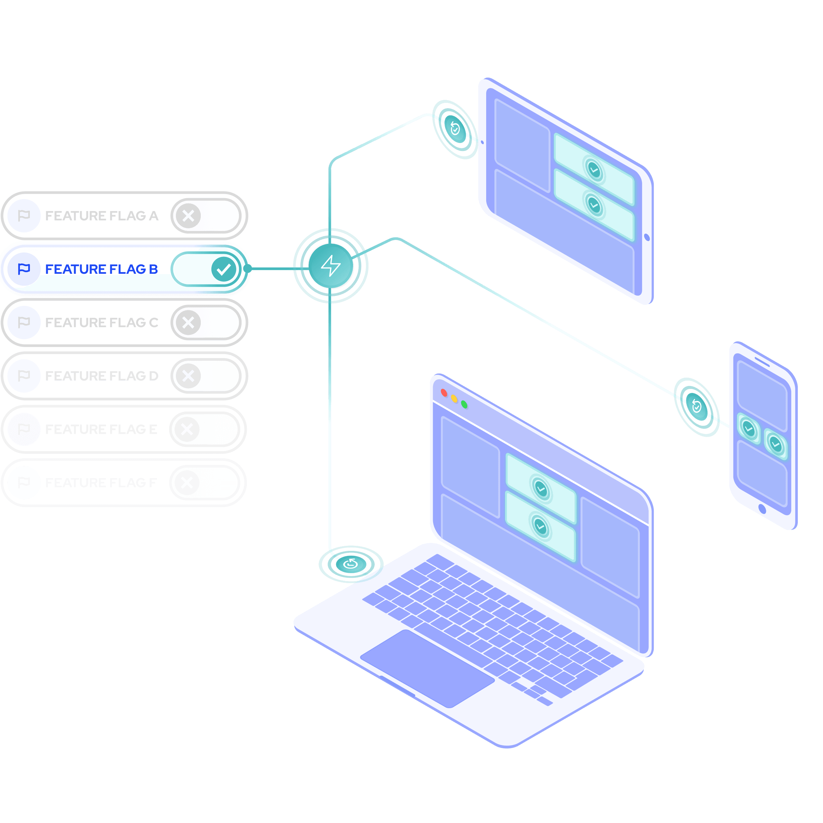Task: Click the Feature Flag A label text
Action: click(x=102, y=216)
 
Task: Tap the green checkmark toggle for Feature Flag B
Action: click(x=224, y=269)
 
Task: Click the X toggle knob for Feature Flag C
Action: click(x=188, y=323)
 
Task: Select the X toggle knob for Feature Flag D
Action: click(x=188, y=376)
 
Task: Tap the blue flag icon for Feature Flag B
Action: click(x=24, y=269)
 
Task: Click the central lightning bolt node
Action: click(x=331, y=266)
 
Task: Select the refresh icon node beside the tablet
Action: click(x=455, y=128)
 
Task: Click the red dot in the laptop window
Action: click(x=444, y=392)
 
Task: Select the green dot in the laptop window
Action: click(x=464, y=404)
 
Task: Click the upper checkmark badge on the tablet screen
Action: click(x=594, y=170)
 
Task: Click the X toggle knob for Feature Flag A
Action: click(x=188, y=216)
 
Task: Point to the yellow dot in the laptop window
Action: click(x=454, y=398)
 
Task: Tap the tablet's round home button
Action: click(x=647, y=237)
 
